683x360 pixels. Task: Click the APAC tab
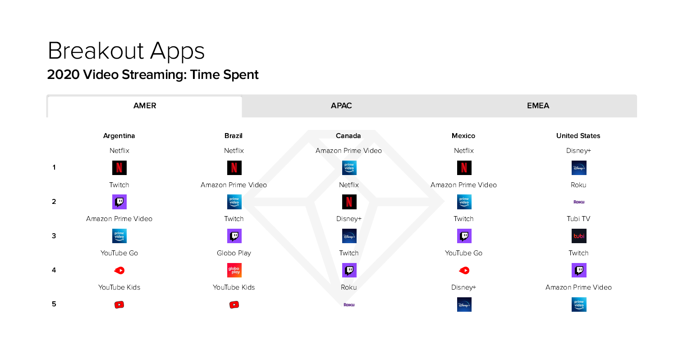coord(341,106)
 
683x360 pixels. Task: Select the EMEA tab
coord(538,106)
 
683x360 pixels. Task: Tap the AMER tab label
coord(145,106)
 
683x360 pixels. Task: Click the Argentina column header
coord(119,136)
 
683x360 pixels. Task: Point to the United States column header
coord(578,136)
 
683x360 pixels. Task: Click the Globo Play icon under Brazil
coord(234,270)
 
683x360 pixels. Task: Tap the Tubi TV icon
coord(579,236)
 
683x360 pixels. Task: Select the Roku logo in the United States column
coord(579,202)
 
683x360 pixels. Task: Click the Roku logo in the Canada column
coord(349,305)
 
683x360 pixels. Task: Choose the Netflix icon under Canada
coord(349,202)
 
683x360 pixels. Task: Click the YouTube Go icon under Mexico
coord(464,270)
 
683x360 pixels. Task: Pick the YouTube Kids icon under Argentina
coord(119,305)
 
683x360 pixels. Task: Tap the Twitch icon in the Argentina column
coord(119,202)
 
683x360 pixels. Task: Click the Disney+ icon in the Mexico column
coord(464,305)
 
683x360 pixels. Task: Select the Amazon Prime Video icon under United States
coord(579,305)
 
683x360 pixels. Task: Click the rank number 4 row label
coord(54,270)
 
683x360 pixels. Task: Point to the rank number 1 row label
coord(54,167)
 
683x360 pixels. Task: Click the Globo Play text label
coord(234,253)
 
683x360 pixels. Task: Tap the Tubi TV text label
coord(578,219)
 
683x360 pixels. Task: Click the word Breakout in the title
coord(96,51)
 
